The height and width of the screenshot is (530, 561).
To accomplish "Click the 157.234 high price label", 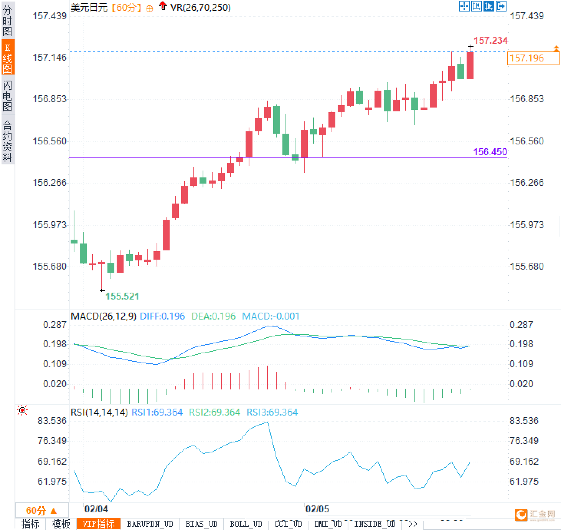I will point(490,40).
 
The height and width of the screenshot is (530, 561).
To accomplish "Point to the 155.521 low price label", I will point(122,296).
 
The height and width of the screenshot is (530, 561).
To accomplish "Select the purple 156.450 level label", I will point(490,152).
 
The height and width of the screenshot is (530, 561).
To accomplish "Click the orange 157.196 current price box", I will point(533,58).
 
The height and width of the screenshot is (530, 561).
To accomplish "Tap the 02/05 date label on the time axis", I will point(317,509).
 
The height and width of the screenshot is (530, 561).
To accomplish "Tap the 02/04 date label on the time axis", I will point(96,509).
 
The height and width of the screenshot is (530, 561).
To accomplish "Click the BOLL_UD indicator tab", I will point(246,524).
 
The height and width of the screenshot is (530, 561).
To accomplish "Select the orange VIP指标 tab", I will point(99,524).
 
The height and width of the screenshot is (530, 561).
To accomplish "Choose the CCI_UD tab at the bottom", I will point(288,524).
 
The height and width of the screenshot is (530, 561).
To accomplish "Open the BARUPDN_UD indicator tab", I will point(150,524).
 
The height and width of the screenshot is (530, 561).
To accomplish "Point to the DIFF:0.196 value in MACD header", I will point(162,316).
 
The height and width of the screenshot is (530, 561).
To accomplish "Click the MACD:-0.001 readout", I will point(271,316).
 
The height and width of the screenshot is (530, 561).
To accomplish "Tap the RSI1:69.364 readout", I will point(157,412).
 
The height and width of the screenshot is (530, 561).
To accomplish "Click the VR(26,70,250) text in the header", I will point(200,7).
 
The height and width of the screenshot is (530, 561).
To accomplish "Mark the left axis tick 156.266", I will point(49,182).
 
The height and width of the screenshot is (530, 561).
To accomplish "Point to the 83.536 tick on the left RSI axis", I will point(52,421).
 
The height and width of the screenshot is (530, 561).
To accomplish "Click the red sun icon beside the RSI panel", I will point(23,411).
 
